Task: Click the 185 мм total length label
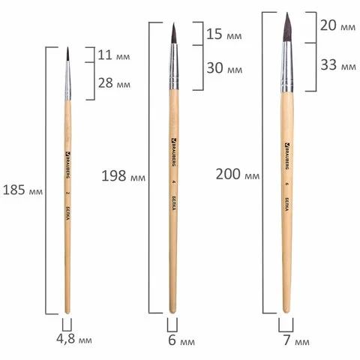click(22, 190)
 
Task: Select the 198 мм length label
click(123, 175)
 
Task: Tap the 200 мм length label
click(238, 174)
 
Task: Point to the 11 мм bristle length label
click(114, 55)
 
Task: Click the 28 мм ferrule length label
click(114, 83)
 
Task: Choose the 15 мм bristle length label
click(224, 34)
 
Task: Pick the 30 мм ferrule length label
click(224, 67)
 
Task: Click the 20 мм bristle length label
click(337, 25)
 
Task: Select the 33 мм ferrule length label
click(338, 65)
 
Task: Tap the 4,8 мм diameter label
click(74, 339)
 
